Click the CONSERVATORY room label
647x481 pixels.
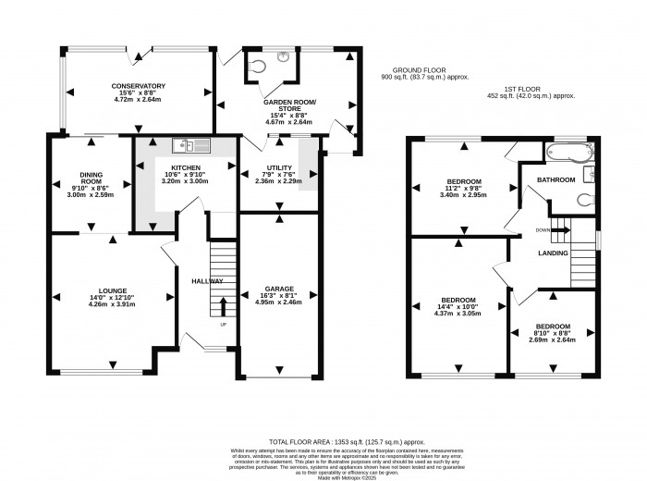[x=137, y=86]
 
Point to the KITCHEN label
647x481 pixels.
[x=186, y=167]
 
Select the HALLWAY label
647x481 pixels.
[x=208, y=281]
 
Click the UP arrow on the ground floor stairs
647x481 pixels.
[x=222, y=308]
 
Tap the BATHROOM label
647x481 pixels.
[x=557, y=179]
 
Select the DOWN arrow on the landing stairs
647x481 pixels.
[x=559, y=229]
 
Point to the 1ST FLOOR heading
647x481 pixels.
[x=512, y=88]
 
